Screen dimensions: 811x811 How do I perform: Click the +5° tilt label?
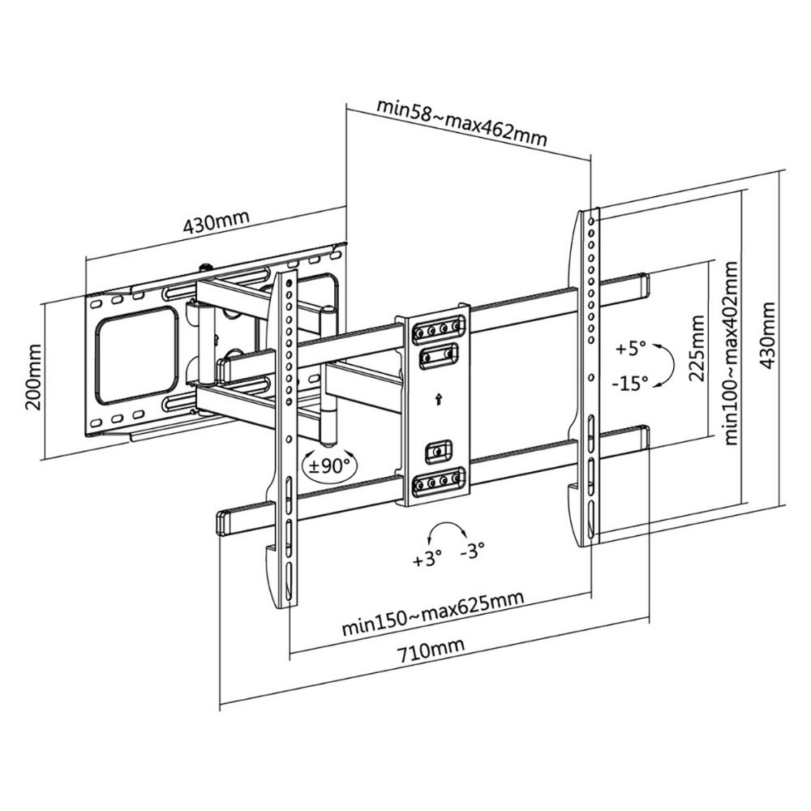pos(630,349)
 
